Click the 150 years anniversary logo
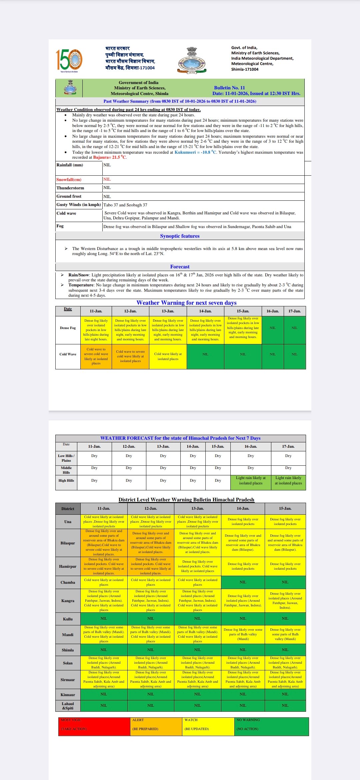click(x=69, y=60)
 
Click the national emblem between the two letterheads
click(x=192, y=60)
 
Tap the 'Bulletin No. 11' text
click(x=229, y=88)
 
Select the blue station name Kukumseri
click(x=185, y=152)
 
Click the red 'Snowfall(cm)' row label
click(x=69, y=180)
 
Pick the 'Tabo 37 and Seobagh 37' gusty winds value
click(x=125, y=205)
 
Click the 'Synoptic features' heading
click(x=180, y=236)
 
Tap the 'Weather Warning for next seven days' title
click(x=186, y=303)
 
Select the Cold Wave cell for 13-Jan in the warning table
click(x=168, y=357)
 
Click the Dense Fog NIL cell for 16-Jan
click(x=273, y=328)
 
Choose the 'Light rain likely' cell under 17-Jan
click(x=288, y=480)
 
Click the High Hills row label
click(x=66, y=480)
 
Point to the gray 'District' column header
click(x=68, y=509)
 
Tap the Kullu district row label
click(x=68, y=619)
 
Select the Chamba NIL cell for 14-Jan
click(x=243, y=582)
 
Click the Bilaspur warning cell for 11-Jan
click(x=104, y=543)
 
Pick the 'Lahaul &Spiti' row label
click(x=68, y=706)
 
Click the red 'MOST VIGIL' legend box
click(x=94, y=726)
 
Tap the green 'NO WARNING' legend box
click(x=271, y=726)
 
